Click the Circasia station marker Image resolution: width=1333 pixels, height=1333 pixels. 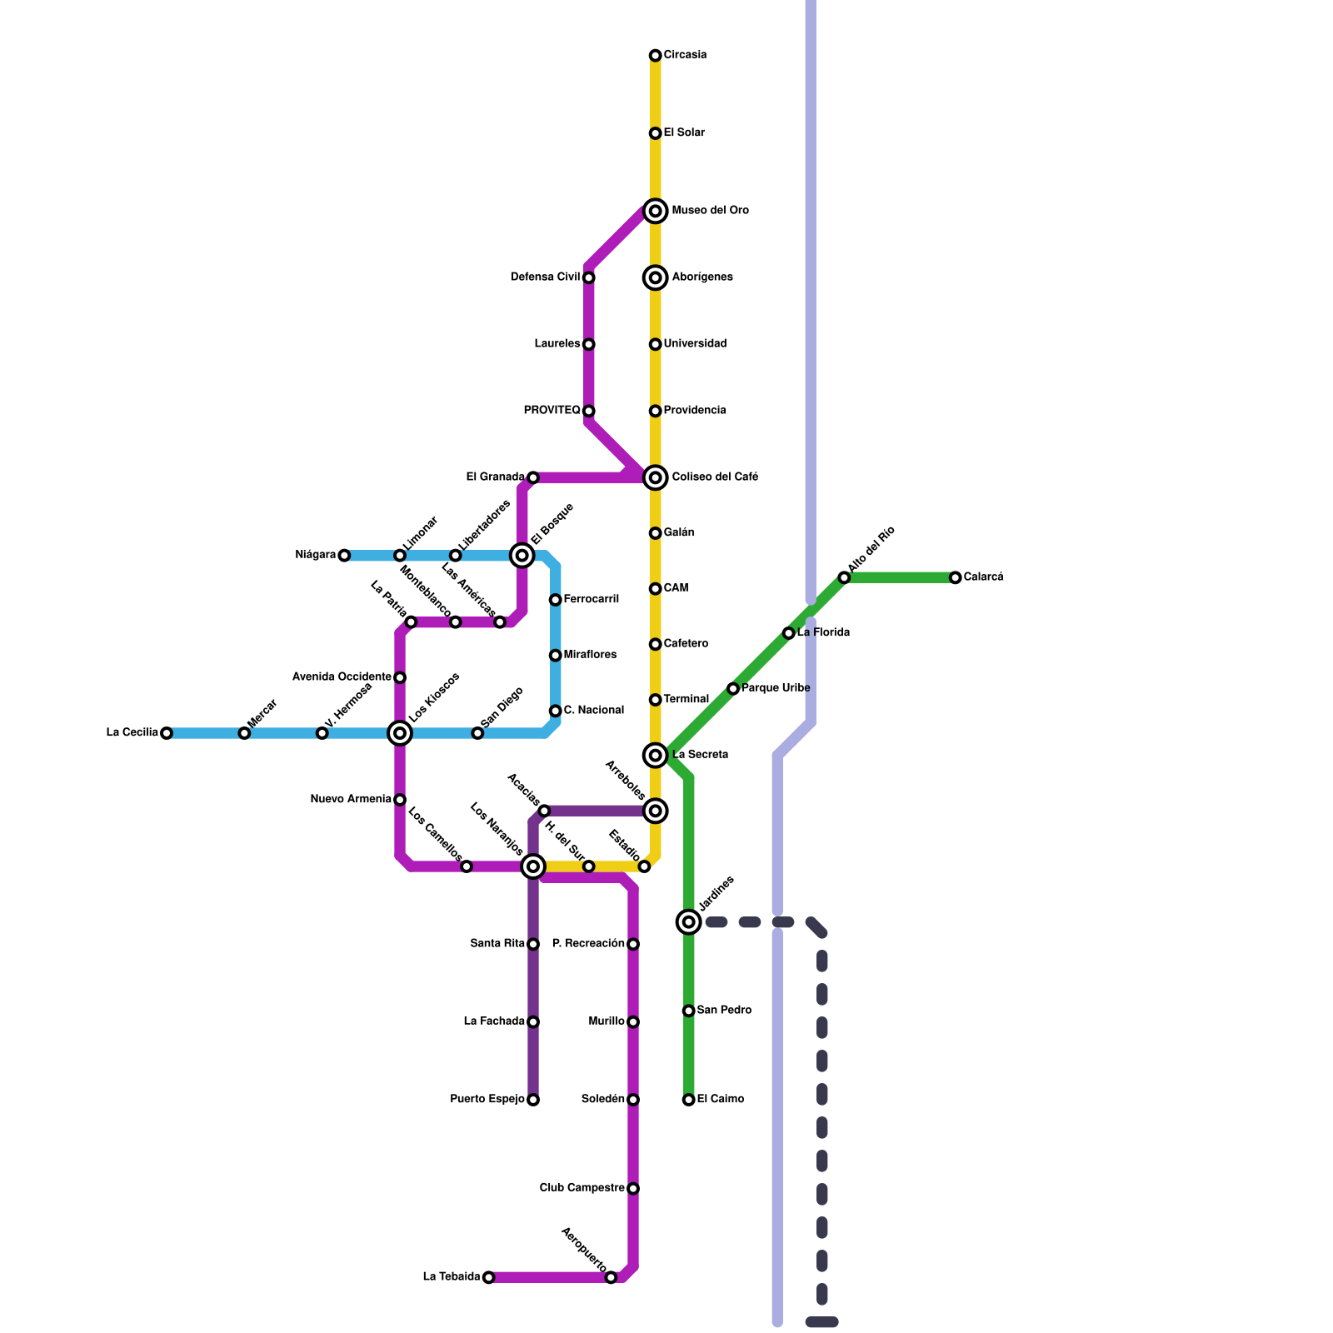656,56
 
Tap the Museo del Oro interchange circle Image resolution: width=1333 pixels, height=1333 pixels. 656,211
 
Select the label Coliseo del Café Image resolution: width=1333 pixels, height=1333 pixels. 715,477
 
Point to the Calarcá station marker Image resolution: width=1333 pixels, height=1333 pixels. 956,577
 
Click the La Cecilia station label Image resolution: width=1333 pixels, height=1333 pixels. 132,733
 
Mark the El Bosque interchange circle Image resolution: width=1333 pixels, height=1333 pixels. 522,556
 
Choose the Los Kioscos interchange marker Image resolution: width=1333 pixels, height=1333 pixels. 400,733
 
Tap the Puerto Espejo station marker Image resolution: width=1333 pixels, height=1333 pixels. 533,1100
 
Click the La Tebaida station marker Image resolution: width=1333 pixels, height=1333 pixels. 489,1277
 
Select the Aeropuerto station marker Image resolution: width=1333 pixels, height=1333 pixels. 611,1277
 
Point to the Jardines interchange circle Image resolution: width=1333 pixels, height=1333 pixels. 689,921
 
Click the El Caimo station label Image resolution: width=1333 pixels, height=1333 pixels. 721,1100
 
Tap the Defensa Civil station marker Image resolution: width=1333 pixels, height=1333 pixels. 589,277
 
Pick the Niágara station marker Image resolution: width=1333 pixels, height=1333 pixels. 344,556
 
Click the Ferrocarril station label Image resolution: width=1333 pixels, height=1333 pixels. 592,600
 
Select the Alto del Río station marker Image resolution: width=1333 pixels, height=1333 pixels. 844,577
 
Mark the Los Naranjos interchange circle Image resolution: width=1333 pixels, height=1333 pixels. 533,866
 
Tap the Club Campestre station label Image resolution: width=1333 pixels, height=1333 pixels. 582,1188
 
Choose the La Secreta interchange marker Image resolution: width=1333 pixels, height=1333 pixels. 656,756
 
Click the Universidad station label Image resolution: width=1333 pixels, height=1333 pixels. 696,344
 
